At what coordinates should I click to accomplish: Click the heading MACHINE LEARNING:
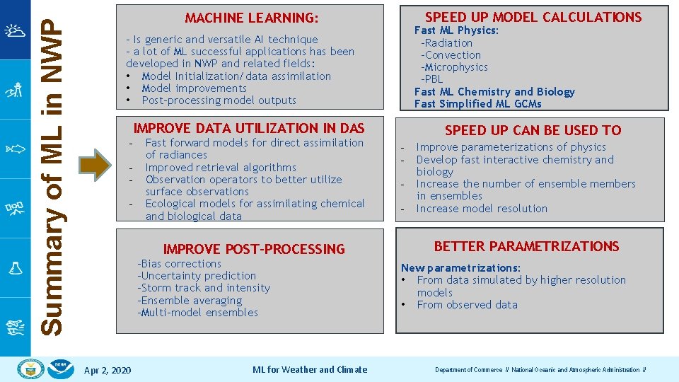pos(251,18)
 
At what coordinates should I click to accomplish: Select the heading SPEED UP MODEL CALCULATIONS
pos(533,17)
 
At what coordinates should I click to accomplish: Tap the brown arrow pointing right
pos(95,166)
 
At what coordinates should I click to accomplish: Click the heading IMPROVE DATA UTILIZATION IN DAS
pos(249,128)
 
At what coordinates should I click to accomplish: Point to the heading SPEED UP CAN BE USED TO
pos(533,130)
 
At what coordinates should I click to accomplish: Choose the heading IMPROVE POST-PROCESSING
pos(254,249)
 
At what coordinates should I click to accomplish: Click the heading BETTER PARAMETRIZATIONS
pos(526,246)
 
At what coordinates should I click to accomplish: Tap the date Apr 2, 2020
pos(107,370)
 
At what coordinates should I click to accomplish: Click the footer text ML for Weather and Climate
pos(310,369)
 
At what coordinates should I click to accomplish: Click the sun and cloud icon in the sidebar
pos(15,30)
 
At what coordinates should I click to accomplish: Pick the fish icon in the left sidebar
pos(15,149)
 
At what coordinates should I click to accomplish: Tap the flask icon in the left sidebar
pos(15,268)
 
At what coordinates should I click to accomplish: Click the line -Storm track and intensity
pos(204,288)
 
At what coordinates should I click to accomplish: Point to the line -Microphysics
pos(454,67)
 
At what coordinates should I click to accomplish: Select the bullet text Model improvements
pos(194,88)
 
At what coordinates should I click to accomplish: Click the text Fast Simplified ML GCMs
pos(477,104)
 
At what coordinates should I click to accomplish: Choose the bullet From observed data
pos(467,305)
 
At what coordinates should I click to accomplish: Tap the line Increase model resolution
pos(482,209)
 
